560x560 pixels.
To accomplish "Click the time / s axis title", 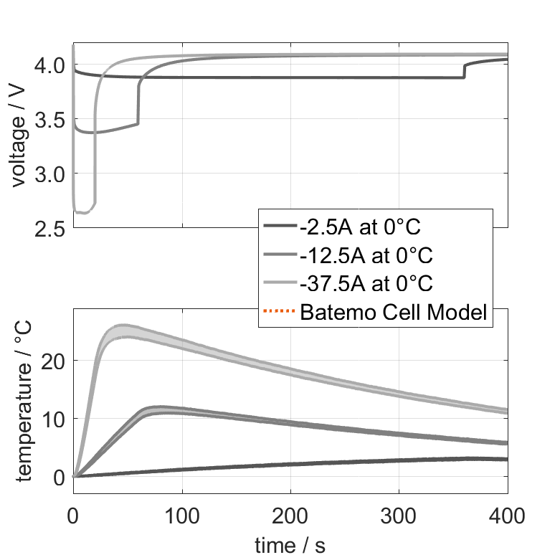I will coord(290,546).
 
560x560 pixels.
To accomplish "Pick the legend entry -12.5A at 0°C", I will coord(366,255).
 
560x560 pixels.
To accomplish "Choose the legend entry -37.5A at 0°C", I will coord(366,283).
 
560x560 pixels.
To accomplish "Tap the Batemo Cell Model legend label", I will coord(394,312).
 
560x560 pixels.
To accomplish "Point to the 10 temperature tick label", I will coord(54,419).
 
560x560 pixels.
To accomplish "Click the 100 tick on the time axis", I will coord(182,515).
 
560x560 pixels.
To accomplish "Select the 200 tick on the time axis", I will coord(290,515).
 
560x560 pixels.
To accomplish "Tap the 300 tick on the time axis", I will coord(399,515).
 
